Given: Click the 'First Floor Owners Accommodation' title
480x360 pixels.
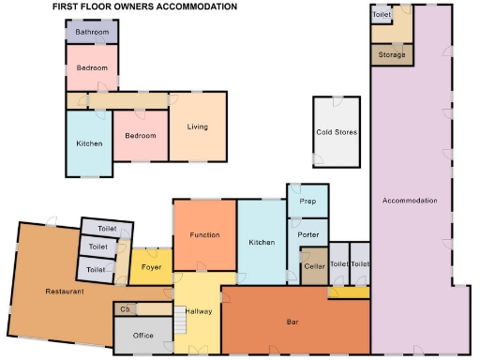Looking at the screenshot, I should [x=131, y=7].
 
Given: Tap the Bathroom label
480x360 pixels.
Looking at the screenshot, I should [x=92, y=33].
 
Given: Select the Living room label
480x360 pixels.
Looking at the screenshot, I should [x=197, y=127].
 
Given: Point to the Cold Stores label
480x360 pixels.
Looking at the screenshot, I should [x=337, y=133].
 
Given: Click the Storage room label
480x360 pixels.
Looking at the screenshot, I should [x=392, y=55].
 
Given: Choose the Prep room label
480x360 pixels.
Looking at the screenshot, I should [x=307, y=202].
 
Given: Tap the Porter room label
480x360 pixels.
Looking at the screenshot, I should [x=308, y=233].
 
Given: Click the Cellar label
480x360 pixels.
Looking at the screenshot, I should [x=313, y=266].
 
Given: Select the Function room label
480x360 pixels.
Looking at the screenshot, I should [x=204, y=234].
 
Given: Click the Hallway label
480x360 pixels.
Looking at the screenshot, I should [x=199, y=311].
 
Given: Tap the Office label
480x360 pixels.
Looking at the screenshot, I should [x=142, y=335].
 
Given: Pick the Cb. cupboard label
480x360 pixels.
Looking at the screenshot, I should [x=124, y=308].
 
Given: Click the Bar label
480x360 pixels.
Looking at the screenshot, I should [x=292, y=322].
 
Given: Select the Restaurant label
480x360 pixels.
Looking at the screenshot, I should [x=65, y=292].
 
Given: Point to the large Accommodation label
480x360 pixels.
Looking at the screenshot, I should [x=410, y=201].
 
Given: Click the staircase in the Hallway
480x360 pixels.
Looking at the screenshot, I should [x=178, y=322].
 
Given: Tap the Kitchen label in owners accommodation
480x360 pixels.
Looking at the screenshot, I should [x=89, y=143].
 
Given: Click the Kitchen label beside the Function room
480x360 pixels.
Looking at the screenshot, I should [x=262, y=243].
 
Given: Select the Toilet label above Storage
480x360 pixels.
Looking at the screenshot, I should [x=382, y=16].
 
